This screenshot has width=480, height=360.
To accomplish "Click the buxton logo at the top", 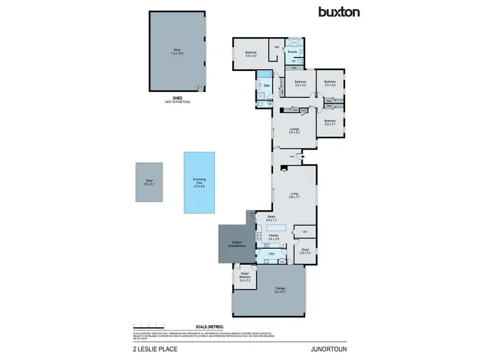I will tap(339, 12).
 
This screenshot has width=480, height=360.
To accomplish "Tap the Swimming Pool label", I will tap(199, 184).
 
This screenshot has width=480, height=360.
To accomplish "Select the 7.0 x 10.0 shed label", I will tap(177, 52).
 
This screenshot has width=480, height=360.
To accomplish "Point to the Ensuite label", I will tap(292, 51).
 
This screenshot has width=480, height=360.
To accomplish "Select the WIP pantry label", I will tap(305, 230).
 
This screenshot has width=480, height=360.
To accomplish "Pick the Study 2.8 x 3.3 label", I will tap(305, 251).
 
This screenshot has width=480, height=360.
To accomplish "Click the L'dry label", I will tap(271, 254).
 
